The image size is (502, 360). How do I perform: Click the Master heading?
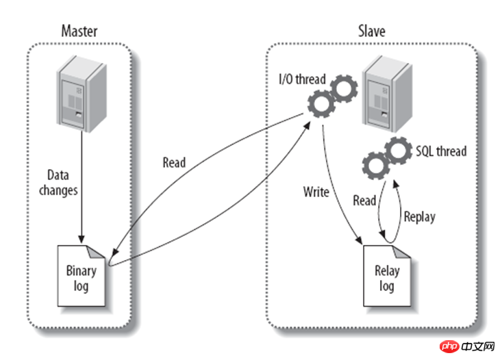(x=79, y=31)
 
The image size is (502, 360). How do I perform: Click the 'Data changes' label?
(x=58, y=183)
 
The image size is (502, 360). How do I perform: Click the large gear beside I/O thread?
(x=320, y=105)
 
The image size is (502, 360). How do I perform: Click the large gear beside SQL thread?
(x=396, y=153)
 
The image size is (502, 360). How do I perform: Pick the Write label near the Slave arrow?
(x=316, y=192)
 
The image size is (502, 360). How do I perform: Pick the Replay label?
(x=418, y=217)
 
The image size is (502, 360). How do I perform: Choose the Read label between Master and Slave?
(x=174, y=163)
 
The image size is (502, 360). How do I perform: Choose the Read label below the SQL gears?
(x=364, y=201)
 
